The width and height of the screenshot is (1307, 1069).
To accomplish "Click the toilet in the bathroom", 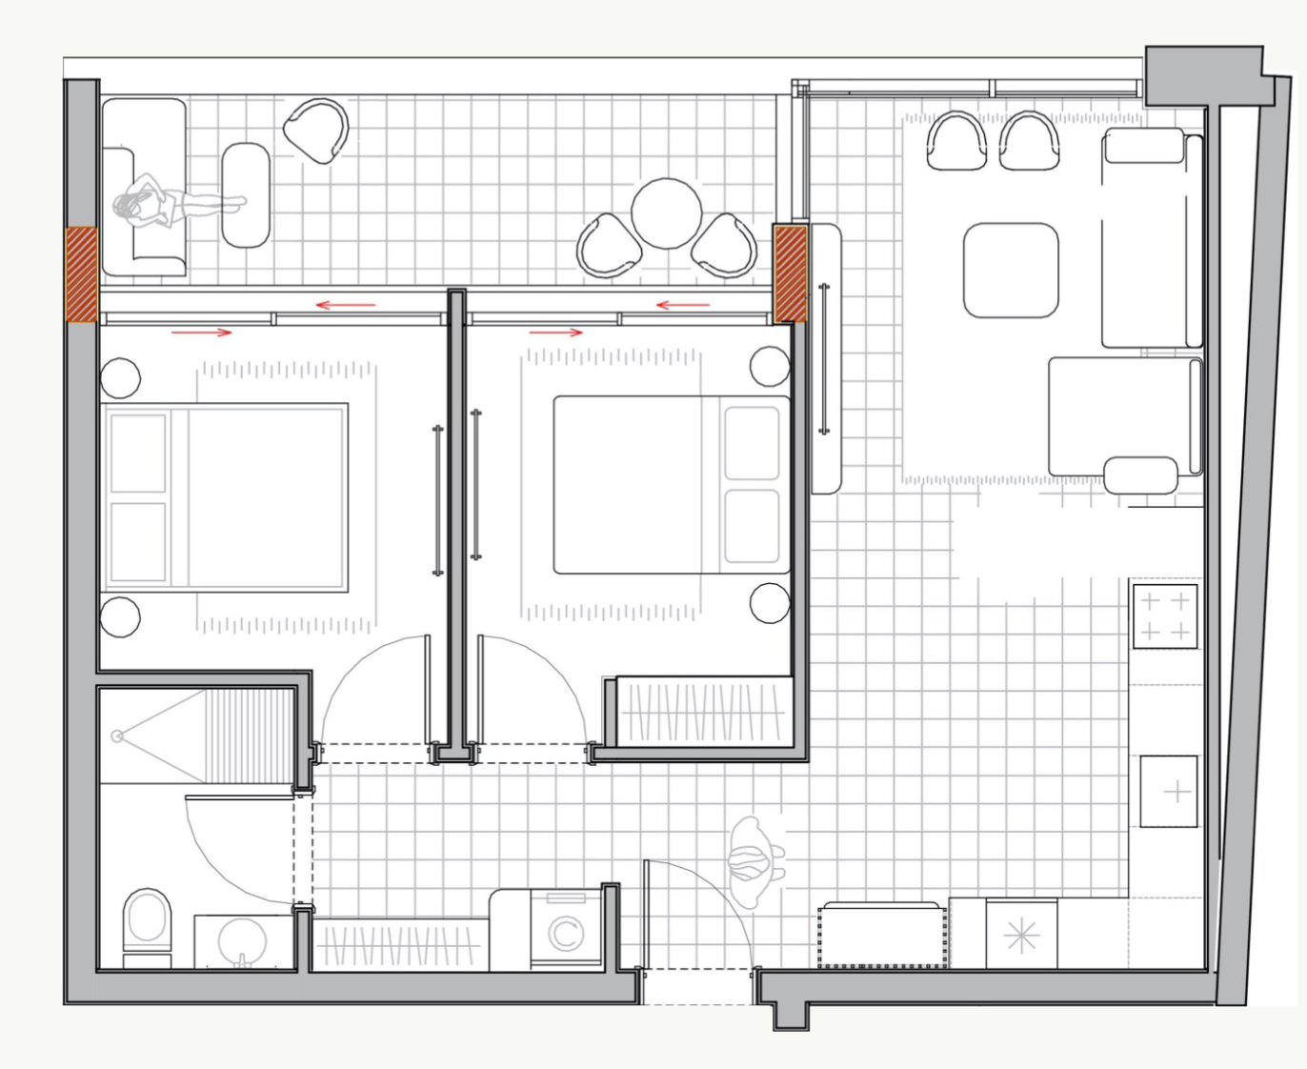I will point(147,923).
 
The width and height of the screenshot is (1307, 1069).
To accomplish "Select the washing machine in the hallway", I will point(565,931).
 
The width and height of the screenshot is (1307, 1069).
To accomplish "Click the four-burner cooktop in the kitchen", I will point(1164,615).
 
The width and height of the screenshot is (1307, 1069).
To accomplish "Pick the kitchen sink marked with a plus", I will point(1169,791).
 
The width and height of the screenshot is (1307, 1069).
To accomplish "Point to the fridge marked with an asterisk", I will point(1021,936).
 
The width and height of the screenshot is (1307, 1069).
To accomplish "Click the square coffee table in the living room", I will point(1011,270).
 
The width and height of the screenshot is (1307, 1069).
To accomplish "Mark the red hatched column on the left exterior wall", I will point(81,274).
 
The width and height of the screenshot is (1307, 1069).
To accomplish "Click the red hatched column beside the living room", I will point(790,273).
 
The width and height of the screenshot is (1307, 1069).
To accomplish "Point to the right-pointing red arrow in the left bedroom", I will point(201,333).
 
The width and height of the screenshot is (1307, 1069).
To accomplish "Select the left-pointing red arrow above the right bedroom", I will point(683,305).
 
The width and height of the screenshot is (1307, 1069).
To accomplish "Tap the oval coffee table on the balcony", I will point(246,195).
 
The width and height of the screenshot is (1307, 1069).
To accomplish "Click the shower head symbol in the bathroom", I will point(117,736).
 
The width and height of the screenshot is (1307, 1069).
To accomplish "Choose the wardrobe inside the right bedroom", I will point(703,712).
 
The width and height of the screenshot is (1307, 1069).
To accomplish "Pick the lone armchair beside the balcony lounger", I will point(316,131).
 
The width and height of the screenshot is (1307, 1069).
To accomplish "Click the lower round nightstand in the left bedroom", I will point(120,615).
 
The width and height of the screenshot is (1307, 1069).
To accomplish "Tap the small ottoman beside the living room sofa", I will point(1141,474).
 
